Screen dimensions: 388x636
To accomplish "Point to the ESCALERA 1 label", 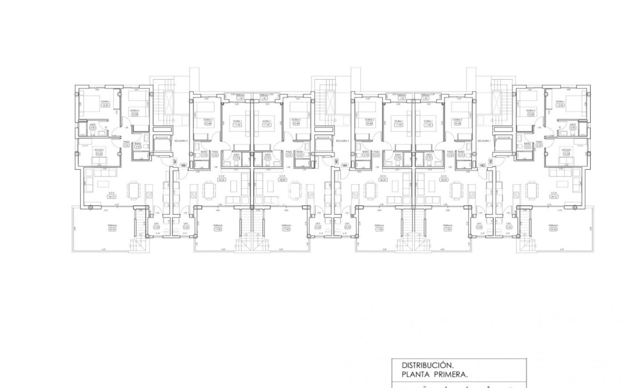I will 484,141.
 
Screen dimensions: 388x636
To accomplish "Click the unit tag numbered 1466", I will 183,165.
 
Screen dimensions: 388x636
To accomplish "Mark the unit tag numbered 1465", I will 336,162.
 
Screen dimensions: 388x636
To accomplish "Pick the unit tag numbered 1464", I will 344,165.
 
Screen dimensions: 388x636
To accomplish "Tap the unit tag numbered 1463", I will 482,165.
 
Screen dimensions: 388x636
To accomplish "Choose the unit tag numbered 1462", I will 490,162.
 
